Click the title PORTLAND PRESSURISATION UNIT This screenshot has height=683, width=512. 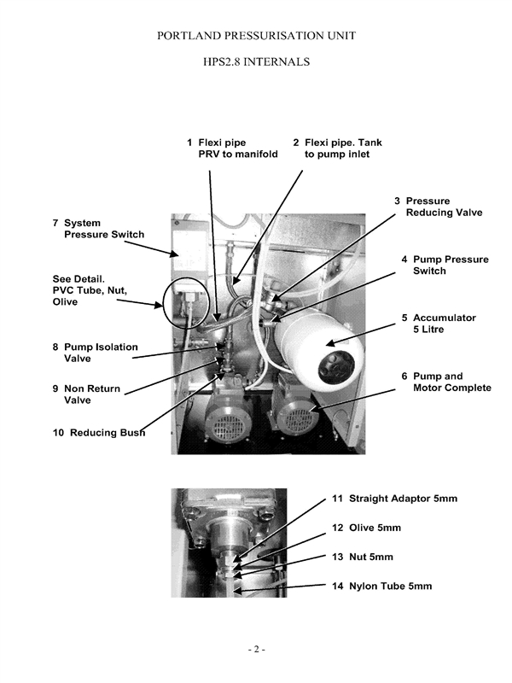(256, 36)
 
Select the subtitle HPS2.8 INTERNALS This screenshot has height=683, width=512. (256, 62)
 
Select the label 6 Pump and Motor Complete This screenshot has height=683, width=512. (445, 382)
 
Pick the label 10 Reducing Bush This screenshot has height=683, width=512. (98, 432)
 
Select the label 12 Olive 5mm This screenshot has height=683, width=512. (366, 528)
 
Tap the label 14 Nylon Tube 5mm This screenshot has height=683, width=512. (381, 586)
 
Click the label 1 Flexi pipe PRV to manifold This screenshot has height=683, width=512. (232, 148)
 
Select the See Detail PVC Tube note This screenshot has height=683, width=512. (90, 290)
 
